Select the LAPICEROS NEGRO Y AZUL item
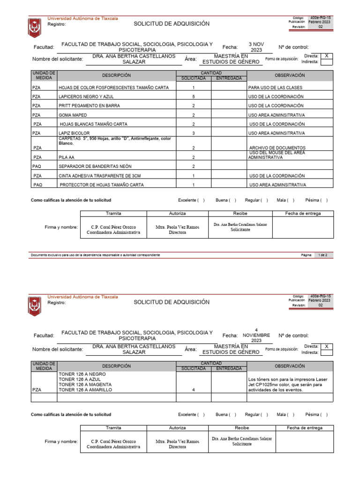87,97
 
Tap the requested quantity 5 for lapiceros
193,97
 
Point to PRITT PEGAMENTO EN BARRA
89,106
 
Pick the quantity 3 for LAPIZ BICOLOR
193,133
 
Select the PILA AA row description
67,157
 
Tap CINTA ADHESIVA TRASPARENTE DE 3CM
99,176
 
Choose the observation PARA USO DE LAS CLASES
275,88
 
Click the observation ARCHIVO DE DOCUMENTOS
277,148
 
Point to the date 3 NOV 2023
256,47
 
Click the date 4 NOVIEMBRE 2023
256,335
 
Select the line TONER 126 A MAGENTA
85,384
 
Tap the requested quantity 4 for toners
193,390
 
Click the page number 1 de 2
323,255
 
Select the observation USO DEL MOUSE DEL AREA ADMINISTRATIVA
277,155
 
